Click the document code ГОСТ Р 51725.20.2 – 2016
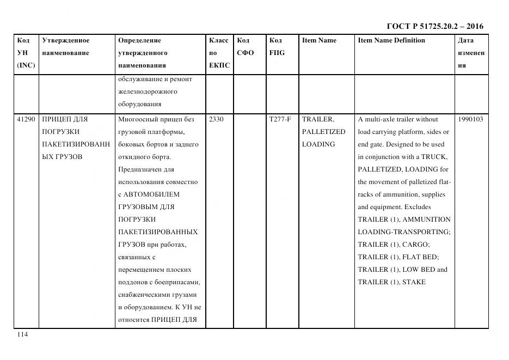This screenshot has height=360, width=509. pyautogui.click(x=434, y=26)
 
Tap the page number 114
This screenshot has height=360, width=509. pyautogui.click(x=22, y=334)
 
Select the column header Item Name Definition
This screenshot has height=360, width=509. pyautogui.click(x=391, y=40)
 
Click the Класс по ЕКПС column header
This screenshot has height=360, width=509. pyautogui.click(x=219, y=53)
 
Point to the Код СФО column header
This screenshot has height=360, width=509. pyautogui.click(x=245, y=47)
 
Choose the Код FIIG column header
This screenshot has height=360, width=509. pyautogui.click(x=277, y=47)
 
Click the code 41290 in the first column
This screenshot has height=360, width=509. pyautogui.click(x=26, y=119)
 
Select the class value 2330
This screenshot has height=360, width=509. pyautogui.click(x=216, y=119)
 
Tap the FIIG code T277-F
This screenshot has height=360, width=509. pyautogui.click(x=280, y=119)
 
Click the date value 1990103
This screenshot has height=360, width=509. pyautogui.click(x=470, y=119)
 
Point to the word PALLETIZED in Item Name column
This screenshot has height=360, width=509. pyautogui.click(x=323, y=132)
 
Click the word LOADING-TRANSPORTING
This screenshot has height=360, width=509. pyautogui.click(x=404, y=232)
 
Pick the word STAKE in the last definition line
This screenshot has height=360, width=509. pyautogui.click(x=415, y=282)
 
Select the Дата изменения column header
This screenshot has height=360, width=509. pyautogui.click(x=471, y=53)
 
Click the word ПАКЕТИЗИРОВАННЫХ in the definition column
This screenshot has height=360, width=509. pyautogui.click(x=158, y=232)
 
